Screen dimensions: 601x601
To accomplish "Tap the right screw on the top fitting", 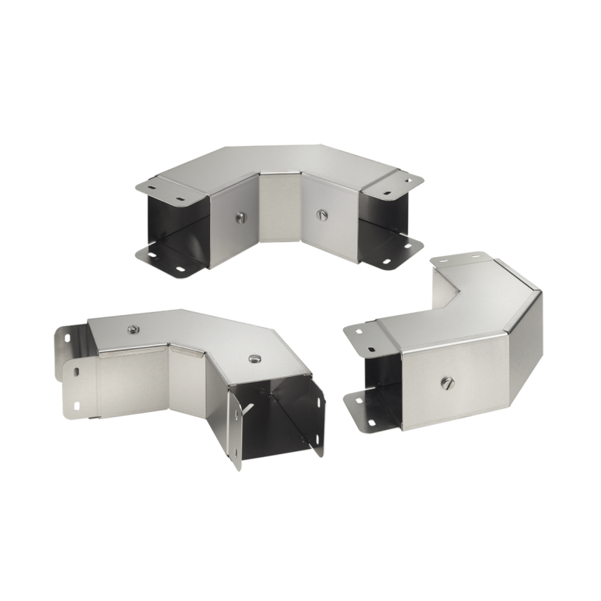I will pos(322,215).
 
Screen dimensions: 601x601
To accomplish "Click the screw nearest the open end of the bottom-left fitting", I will pos(254,358).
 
